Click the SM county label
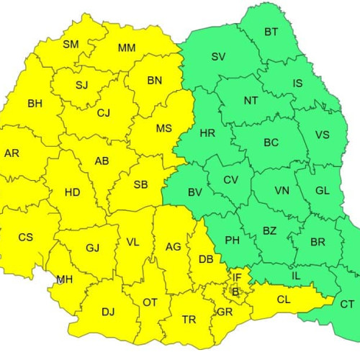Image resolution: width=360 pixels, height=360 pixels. coord(71,44)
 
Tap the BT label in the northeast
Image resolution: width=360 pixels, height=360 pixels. coord(271,32)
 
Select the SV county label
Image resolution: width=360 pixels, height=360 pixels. coord(218,56)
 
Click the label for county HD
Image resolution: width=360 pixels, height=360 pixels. coord(72,192)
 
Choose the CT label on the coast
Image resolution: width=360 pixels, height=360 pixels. coord(346,304)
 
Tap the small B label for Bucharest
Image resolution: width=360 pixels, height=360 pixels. coord(235,291)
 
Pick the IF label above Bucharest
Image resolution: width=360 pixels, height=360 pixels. coord(237,277)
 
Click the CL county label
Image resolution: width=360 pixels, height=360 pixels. coord(284,299)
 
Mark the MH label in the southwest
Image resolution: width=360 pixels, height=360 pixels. coord(65,279)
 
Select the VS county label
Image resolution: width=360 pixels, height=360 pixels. coord(322,135)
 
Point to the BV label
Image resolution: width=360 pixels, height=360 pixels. coord(194,192)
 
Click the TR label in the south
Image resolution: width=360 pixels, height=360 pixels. coord(189,319)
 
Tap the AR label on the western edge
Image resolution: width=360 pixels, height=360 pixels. coord(12,153)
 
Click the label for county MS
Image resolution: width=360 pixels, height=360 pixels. coord(164,129)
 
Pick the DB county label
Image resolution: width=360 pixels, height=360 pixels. coord(205,259)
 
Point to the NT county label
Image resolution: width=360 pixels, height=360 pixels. coord(251,100)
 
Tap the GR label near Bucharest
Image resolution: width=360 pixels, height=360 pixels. coord(224,312)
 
